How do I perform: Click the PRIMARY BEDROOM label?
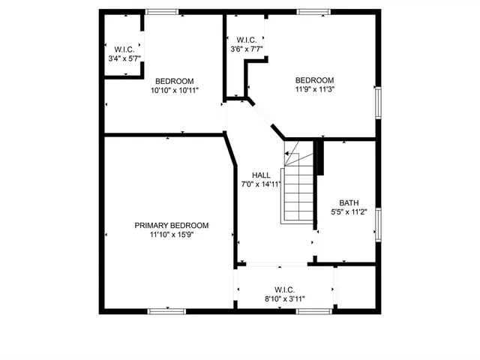click(171, 225)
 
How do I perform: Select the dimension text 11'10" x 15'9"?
click(171, 235)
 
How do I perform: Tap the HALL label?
click(261, 175)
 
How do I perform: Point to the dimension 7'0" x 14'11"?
click(261, 184)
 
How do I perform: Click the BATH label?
click(349, 202)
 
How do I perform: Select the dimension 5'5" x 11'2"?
click(349, 212)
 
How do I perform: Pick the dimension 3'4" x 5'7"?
click(124, 58)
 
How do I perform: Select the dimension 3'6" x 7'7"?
click(247, 50)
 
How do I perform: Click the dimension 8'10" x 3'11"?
click(284, 298)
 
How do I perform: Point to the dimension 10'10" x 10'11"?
click(174, 91)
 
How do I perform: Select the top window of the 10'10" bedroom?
click(161, 12)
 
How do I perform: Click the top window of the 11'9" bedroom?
click(313, 12)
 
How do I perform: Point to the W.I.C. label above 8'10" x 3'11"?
click(284, 289)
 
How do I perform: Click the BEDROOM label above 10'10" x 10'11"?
click(174, 81)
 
